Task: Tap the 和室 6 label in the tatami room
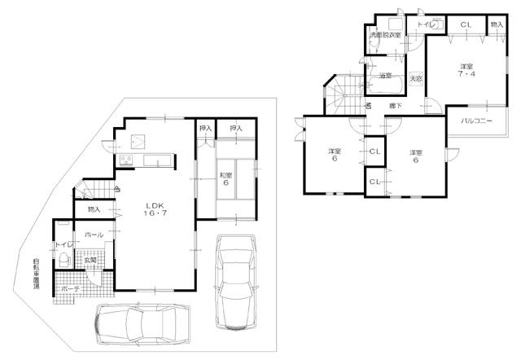[225, 178]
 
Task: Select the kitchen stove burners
[125, 158]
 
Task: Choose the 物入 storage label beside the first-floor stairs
[94, 210]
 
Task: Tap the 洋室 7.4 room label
[466, 70]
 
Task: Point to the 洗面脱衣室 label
[386, 36]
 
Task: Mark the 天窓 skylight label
[415, 78]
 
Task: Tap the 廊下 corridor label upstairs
[393, 106]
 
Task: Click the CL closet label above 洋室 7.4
[465, 25]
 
